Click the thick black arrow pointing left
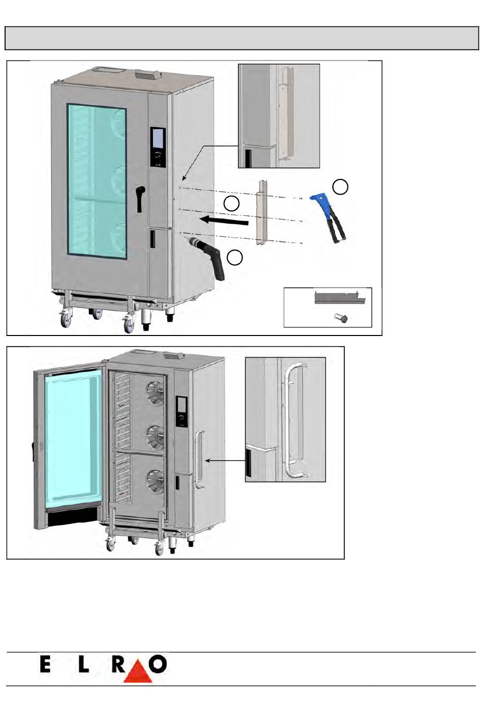(224, 220)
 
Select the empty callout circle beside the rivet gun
(340, 187)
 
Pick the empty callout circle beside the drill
(234, 258)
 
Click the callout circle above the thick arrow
(231, 204)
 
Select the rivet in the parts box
(341, 319)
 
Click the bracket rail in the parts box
(340, 297)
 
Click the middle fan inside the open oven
(155, 436)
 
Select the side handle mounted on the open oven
(199, 459)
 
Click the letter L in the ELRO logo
(83, 664)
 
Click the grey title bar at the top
(242, 38)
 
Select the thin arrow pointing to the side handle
(225, 461)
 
